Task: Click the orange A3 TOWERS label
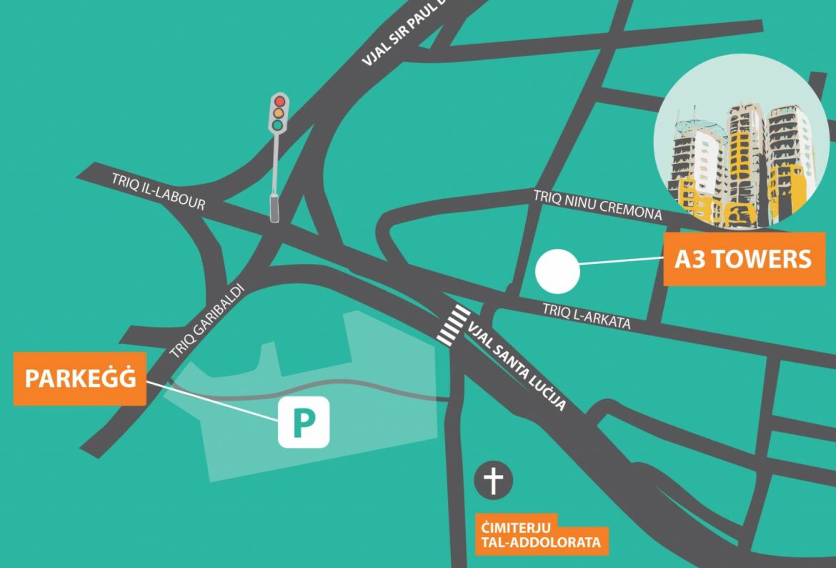(744, 258)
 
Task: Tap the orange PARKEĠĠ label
(80, 378)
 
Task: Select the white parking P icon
(304, 422)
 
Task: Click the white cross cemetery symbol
(493, 480)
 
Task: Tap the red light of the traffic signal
(279, 102)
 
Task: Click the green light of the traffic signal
(279, 124)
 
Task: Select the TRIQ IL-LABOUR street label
(158, 191)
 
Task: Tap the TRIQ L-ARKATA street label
(586, 317)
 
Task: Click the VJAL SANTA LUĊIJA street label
(518, 366)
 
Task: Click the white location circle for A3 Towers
(557, 272)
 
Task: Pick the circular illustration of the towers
(736, 142)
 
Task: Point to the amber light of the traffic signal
(279, 113)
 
